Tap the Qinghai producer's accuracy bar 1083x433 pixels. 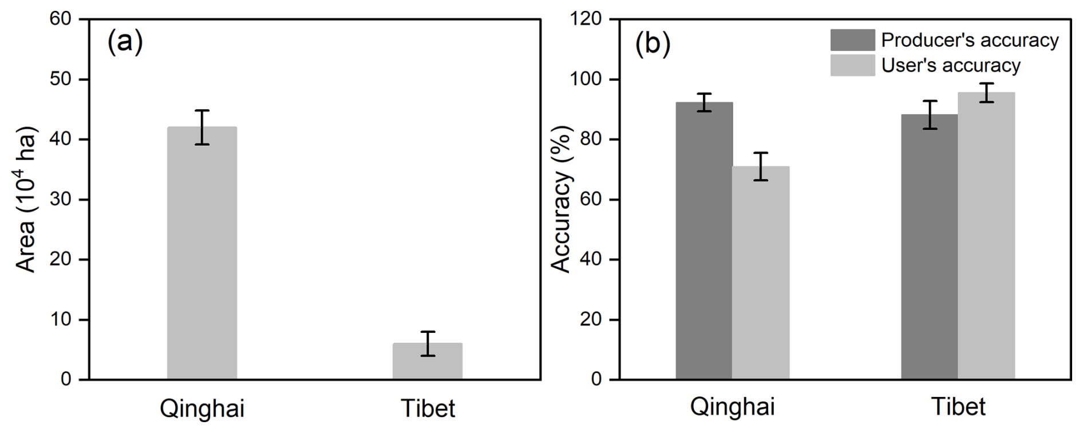point(703,240)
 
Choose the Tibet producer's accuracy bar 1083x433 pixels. point(929,247)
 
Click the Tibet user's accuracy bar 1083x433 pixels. point(986,235)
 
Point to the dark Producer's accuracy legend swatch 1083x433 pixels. point(852,40)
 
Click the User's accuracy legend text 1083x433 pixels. point(950,65)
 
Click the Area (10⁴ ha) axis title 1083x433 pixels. point(26,199)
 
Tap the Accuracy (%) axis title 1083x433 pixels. point(561,199)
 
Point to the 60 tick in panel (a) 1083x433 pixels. point(60,19)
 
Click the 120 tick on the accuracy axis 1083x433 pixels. point(586,19)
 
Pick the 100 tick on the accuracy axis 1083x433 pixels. point(586,79)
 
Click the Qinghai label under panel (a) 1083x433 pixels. point(201,408)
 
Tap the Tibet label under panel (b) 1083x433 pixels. point(958,407)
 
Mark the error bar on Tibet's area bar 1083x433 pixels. point(427,343)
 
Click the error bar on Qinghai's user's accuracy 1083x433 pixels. point(760,166)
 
